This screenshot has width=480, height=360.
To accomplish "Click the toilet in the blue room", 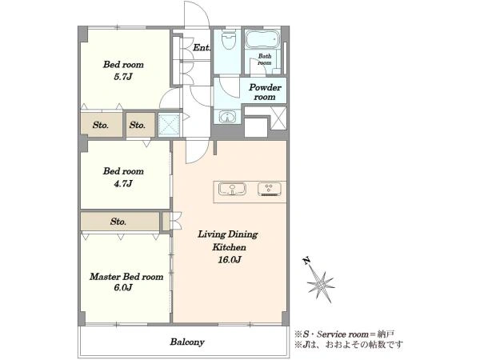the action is (x=228, y=39).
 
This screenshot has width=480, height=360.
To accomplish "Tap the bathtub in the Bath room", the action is (x=262, y=39).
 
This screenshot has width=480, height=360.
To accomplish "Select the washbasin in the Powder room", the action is (x=227, y=117).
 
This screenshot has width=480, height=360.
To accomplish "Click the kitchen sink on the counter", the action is (x=232, y=189).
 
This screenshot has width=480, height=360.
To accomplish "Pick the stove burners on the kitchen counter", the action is (x=269, y=189).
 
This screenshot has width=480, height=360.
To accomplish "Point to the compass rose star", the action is (x=321, y=285).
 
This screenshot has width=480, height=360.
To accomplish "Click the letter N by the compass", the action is (x=306, y=261).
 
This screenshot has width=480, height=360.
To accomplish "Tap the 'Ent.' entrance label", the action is (x=202, y=47).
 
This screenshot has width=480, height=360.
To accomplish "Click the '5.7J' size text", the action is (x=123, y=77).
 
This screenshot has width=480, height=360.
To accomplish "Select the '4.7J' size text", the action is (x=123, y=183).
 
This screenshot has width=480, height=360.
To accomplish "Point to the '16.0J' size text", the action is (x=230, y=259).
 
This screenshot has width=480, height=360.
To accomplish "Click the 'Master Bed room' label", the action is (x=126, y=277).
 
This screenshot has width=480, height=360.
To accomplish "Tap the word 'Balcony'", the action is (x=187, y=342).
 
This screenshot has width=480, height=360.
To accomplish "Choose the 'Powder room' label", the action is (x=265, y=92).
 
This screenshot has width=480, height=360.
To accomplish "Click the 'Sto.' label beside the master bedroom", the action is (x=118, y=222).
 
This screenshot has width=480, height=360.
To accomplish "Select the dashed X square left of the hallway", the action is (x=170, y=124).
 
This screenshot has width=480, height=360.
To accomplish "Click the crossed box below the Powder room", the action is (x=278, y=118).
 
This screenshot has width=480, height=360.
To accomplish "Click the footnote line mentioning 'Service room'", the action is (x=344, y=334).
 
